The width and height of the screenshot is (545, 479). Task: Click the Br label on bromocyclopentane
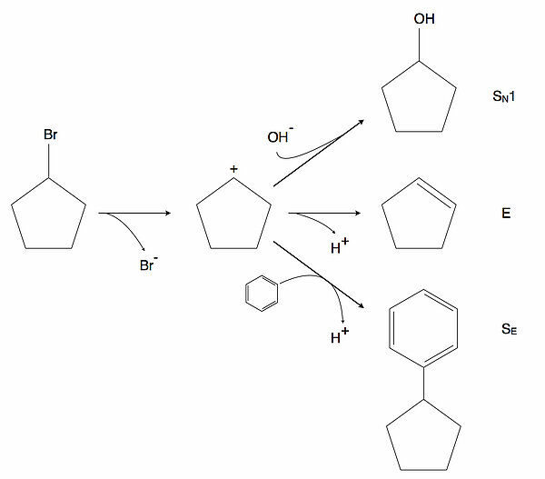click(x=50, y=135)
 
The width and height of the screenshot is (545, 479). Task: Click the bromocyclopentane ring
click(x=49, y=215)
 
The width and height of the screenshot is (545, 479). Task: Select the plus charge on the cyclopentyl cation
click(x=233, y=169)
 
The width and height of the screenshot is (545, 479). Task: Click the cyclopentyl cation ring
click(x=233, y=215)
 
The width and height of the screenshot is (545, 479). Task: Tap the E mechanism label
click(x=506, y=214)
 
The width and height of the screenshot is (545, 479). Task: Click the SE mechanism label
click(x=508, y=331)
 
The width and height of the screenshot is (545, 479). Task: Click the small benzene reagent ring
click(x=261, y=296)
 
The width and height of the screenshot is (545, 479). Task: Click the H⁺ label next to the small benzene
click(x=340, y=337)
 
